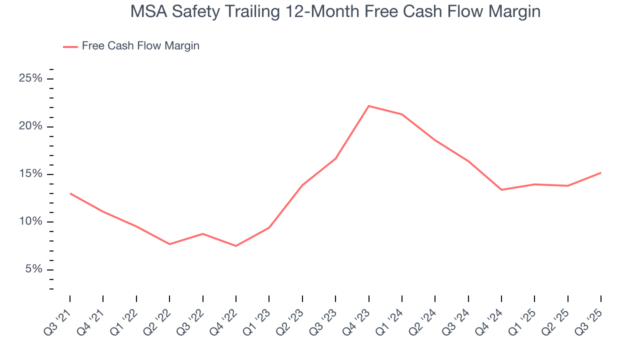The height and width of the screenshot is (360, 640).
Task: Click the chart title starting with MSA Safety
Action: (335, 11)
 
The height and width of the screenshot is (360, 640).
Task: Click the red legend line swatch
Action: (70, 46)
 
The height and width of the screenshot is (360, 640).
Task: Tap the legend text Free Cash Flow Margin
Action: (140, 46)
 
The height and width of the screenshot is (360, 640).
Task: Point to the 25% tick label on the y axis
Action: (31, 79)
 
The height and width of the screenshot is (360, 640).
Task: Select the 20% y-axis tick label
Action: (31, 126)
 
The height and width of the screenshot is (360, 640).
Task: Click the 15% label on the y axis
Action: (31, 174)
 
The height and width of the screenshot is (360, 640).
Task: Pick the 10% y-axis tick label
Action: (31, 222)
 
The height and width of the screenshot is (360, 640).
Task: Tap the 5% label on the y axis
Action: (33, 269)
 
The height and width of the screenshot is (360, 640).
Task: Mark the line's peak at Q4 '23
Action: (368, 106)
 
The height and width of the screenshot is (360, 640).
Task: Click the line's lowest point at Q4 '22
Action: (236, 246)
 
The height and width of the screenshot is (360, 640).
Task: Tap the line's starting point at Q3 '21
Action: (70, 193)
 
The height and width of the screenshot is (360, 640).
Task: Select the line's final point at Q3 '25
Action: (600, 173)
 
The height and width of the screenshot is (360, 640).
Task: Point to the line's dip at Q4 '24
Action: (501, 190)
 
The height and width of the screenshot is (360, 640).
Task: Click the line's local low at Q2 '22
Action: (169, 244)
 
